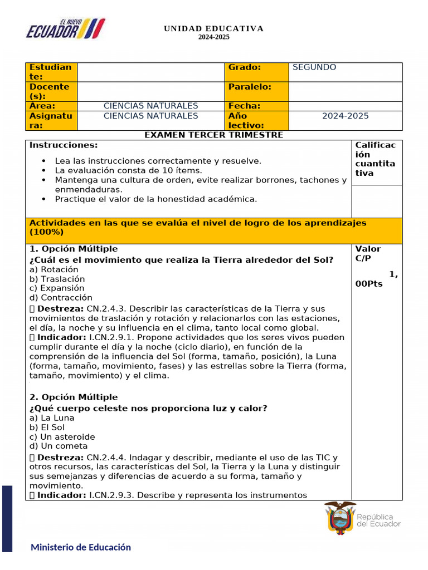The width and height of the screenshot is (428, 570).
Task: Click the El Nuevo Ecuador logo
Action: click(x=65, y=29)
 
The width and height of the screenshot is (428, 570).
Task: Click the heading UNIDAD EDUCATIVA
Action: click(x=213, y=29)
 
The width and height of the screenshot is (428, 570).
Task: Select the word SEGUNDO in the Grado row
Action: click(x=314, y=67)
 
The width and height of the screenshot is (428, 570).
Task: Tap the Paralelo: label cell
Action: click(x=250, y=87)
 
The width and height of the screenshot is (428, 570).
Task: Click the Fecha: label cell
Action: click(x=244, y=106)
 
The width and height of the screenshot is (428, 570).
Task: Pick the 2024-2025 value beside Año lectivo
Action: click(x=345, y=116)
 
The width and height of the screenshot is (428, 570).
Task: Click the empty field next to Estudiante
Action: click(x=150, y=72)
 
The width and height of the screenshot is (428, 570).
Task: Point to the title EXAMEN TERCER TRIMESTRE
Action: click(x=213, y=135)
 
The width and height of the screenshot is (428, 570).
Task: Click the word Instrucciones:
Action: click(x=64, y=145)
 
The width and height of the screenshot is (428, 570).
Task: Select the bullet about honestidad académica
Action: click(x=156, y=199)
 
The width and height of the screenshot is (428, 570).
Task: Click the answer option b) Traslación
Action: click(x=57, y=279)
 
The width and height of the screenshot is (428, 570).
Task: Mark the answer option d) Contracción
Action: click(x=61, y=298)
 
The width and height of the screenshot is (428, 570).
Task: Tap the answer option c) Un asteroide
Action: click(x=62, y=437)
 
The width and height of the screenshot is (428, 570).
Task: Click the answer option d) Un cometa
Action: click(x=58, y=446)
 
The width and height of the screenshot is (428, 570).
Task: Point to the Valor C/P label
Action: click(x=368, y=254)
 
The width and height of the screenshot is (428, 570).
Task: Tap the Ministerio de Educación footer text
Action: click(x=81, y=547)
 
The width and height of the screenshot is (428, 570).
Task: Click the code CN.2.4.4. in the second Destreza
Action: click(x=106, y=458)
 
